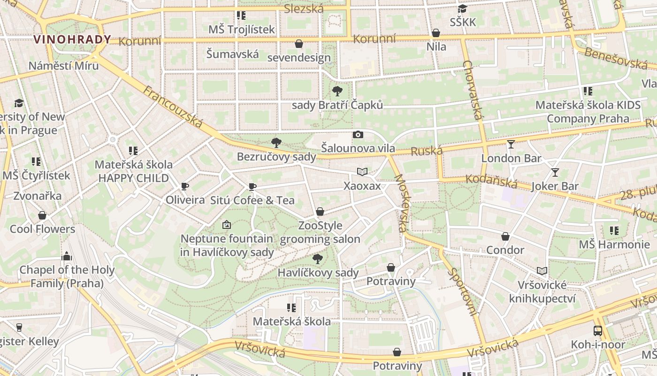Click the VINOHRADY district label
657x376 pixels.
point(72,39)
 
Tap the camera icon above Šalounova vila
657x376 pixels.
point(358,135)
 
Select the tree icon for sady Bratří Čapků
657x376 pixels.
point(337,91)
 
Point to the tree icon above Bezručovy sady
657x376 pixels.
point(276,142)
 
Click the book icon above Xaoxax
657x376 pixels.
point(362,172)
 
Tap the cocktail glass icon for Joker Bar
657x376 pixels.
point(555,172)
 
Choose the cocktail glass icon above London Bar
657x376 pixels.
point(511,144)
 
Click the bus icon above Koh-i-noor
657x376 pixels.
point(598,330)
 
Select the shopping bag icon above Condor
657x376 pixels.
point(505,236)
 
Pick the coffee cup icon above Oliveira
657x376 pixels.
point(185,186)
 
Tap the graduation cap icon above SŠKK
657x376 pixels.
point(462,8)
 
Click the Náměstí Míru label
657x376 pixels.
point(64,65)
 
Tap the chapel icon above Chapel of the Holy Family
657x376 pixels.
point(67,256)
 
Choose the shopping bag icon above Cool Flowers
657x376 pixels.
point(42,215)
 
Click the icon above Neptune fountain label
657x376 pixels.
point(227,225)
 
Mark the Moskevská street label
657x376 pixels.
point(400,203)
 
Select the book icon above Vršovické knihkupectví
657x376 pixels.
point(542,271)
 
